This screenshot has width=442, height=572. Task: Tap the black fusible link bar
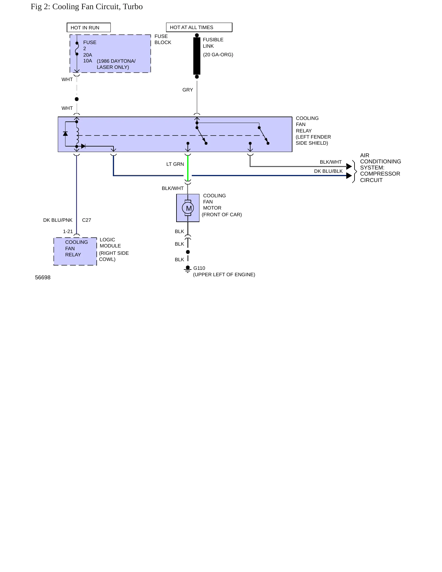click(197, 56)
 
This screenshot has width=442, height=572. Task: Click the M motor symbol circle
click(188, 208)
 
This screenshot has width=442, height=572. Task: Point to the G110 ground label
click(199, 268)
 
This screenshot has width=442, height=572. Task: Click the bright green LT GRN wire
click(188, 168)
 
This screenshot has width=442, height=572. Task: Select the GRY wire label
click(188, 90)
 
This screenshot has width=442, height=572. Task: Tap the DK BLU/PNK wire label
click(58, 220)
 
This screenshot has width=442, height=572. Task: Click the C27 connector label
click(87, 220)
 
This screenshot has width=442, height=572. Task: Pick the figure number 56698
click(43, 278)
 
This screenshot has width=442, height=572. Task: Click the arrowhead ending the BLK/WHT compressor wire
click(349, 166)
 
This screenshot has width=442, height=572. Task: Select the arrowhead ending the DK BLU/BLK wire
click(349, 176)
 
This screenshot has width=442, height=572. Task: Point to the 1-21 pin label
click(68, 232)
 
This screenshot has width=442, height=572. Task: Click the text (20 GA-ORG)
click(218, 55)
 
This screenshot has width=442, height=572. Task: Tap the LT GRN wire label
click(175, 164)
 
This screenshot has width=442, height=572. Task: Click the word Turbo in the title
click(133, 7)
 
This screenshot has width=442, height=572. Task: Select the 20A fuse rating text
click(87, 55)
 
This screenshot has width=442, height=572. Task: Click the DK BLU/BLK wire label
click(329, 171)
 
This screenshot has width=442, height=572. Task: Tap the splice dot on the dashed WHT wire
click(77, 99)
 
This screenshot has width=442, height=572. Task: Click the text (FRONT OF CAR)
click(222, 215)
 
